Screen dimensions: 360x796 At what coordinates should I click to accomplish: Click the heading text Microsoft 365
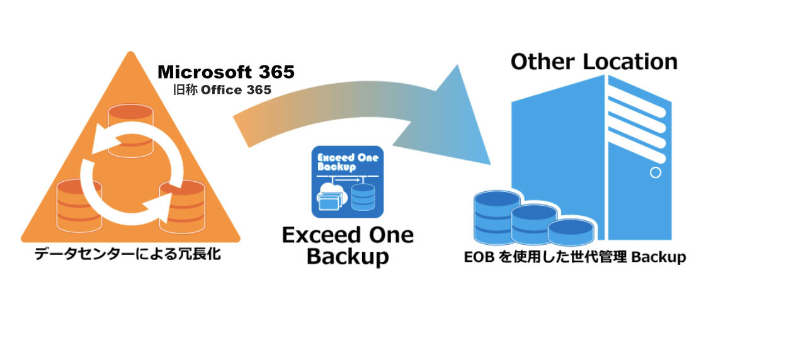pyautogui.click(x=225, y=72)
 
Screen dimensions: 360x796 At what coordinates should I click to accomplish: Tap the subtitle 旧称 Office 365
pyautogui.click(x=222, y=90)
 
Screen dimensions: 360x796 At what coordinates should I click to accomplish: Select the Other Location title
pyautogui.click(x=594, y=62)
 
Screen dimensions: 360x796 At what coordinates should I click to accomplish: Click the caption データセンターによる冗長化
pyautogui.click(x=128, y=256)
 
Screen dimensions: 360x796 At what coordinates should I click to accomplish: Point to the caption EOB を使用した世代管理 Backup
pyautogui.click(x=574, y=257)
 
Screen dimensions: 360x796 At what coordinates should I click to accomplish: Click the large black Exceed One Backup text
pyautogui.click(x=347, y=245)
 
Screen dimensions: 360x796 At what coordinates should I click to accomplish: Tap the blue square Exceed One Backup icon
pyautogui.click(x=347, y=182)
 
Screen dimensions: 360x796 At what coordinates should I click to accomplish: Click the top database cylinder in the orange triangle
pyautogui.click(x=130, y=130)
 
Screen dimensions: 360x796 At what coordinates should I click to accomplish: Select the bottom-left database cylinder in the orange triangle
pyautogui.click(x=79, y=205)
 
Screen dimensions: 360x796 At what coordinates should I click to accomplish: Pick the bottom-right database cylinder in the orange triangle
pyautogui.click(x=182, y=205)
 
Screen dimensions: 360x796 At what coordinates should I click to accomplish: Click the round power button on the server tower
pyautogui.click(x=655, y=172)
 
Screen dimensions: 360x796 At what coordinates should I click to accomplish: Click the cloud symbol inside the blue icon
pyautogui.click(x=328, y=189)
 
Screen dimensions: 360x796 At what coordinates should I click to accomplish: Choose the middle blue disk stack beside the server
pyautogui.click(x=534, y=223)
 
